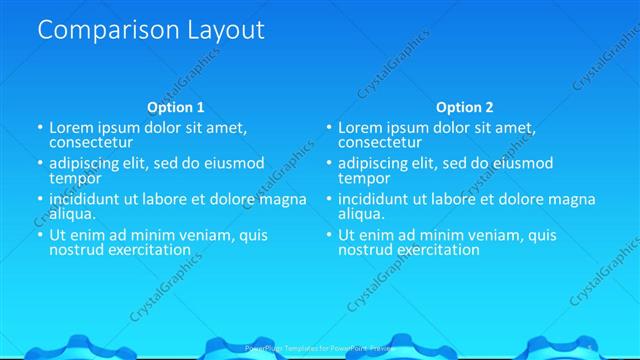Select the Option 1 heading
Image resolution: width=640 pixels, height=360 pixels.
(x=176, y=107)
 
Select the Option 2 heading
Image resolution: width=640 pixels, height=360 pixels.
(x=464, y=107)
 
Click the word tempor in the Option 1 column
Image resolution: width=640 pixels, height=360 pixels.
(x=75, y=178)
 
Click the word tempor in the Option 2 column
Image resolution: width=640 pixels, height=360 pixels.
(x=363, y=178)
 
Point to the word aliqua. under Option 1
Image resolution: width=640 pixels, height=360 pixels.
(x=73, y=213)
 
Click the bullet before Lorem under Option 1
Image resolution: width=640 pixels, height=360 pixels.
(x=41, y=128)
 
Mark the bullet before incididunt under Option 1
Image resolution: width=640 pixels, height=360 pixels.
(x=41, y=199)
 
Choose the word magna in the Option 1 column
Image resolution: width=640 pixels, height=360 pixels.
(x=283, y=199)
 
